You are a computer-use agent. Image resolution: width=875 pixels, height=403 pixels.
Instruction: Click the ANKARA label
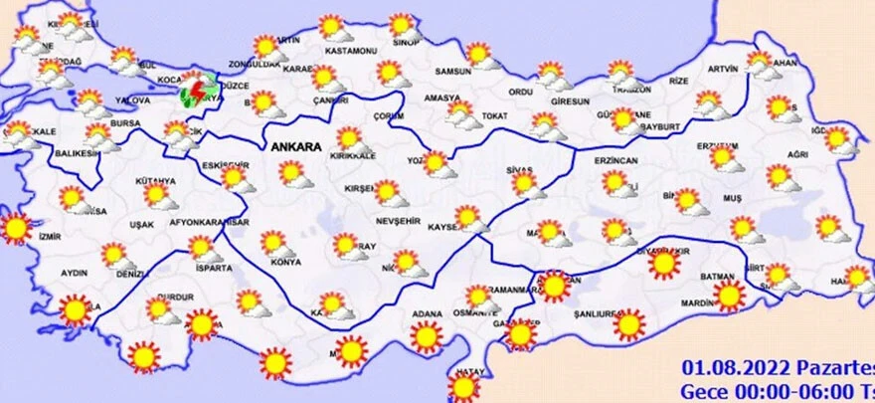294,147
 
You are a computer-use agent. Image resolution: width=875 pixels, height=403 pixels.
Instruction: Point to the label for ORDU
522,93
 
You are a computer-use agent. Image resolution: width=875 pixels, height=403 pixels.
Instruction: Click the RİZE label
679,81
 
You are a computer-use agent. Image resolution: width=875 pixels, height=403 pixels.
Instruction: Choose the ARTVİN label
724,69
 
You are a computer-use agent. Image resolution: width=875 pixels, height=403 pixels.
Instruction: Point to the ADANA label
427,314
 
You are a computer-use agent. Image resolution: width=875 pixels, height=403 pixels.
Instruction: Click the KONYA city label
285,262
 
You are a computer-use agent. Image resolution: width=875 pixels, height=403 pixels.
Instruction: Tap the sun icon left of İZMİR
15,229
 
